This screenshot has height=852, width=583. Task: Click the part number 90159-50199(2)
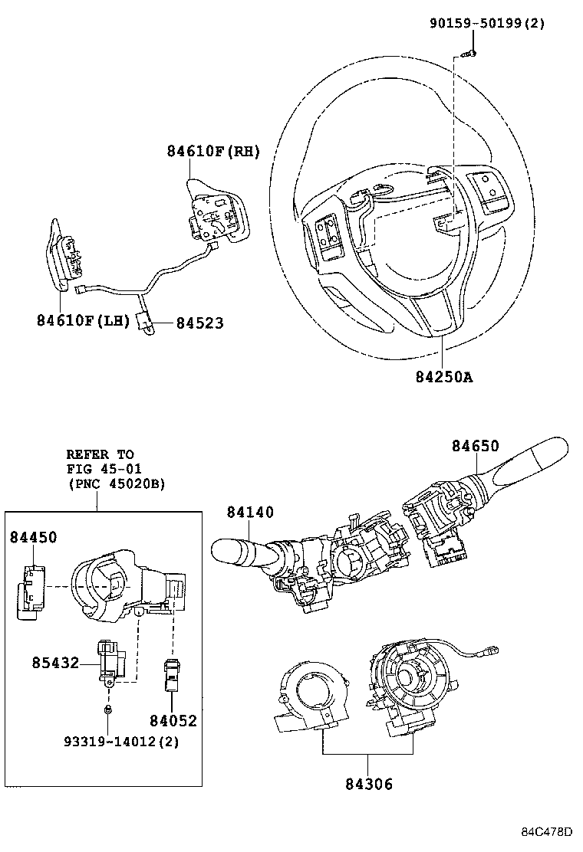click(x=486, y=23)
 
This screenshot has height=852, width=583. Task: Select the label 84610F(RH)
click(x=213, y=152)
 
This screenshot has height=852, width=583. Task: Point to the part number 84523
click(x=199, y=323)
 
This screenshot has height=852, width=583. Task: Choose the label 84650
click(x=475, y=446)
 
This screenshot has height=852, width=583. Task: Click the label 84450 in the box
click(x=34, y=538)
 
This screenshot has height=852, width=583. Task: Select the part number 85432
click(x=55, y=661)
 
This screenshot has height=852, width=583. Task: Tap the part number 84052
click(x=173, y=720)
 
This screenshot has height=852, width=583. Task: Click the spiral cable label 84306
click(x=368, y=783)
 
